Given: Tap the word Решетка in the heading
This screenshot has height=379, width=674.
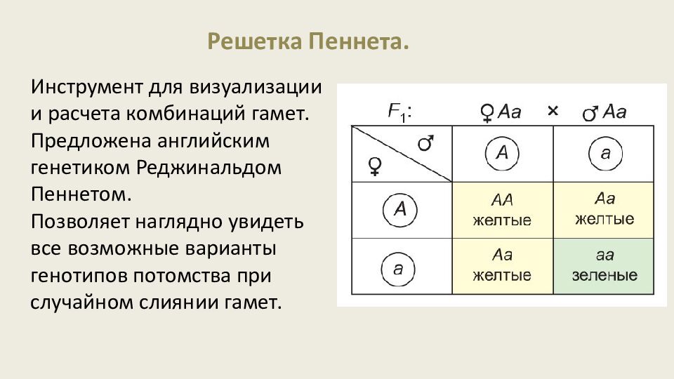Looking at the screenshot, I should (x=255, y=41).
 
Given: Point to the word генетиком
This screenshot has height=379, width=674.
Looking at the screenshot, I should (x=82, y=168).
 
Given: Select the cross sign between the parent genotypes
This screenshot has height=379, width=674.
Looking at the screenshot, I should (x=553, y=111).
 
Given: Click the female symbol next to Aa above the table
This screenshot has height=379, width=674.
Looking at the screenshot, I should (x=487, y=112).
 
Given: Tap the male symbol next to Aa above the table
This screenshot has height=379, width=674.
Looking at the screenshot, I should (x=591, y=112).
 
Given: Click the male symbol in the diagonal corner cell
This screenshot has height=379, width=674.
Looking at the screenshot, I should (x=425, y=144).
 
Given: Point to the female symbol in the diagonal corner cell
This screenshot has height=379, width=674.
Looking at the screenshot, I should (x=376, y=166).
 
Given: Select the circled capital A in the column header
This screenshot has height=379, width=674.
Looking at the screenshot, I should (x=502, y=154).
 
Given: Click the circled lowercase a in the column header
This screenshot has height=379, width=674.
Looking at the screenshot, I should (x=605, y=154).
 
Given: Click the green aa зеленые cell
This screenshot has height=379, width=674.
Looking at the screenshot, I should (x=604, y=266).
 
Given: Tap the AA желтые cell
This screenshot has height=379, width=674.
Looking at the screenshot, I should (x=502, y=210).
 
